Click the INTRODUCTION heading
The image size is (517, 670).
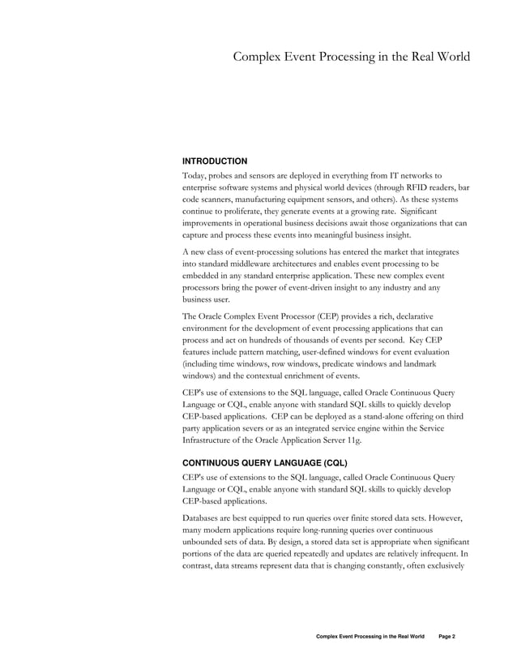(215, 161)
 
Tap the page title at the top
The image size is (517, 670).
(351, 57)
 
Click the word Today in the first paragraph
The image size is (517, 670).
(195, 174)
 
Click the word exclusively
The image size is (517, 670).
(440, 567)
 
